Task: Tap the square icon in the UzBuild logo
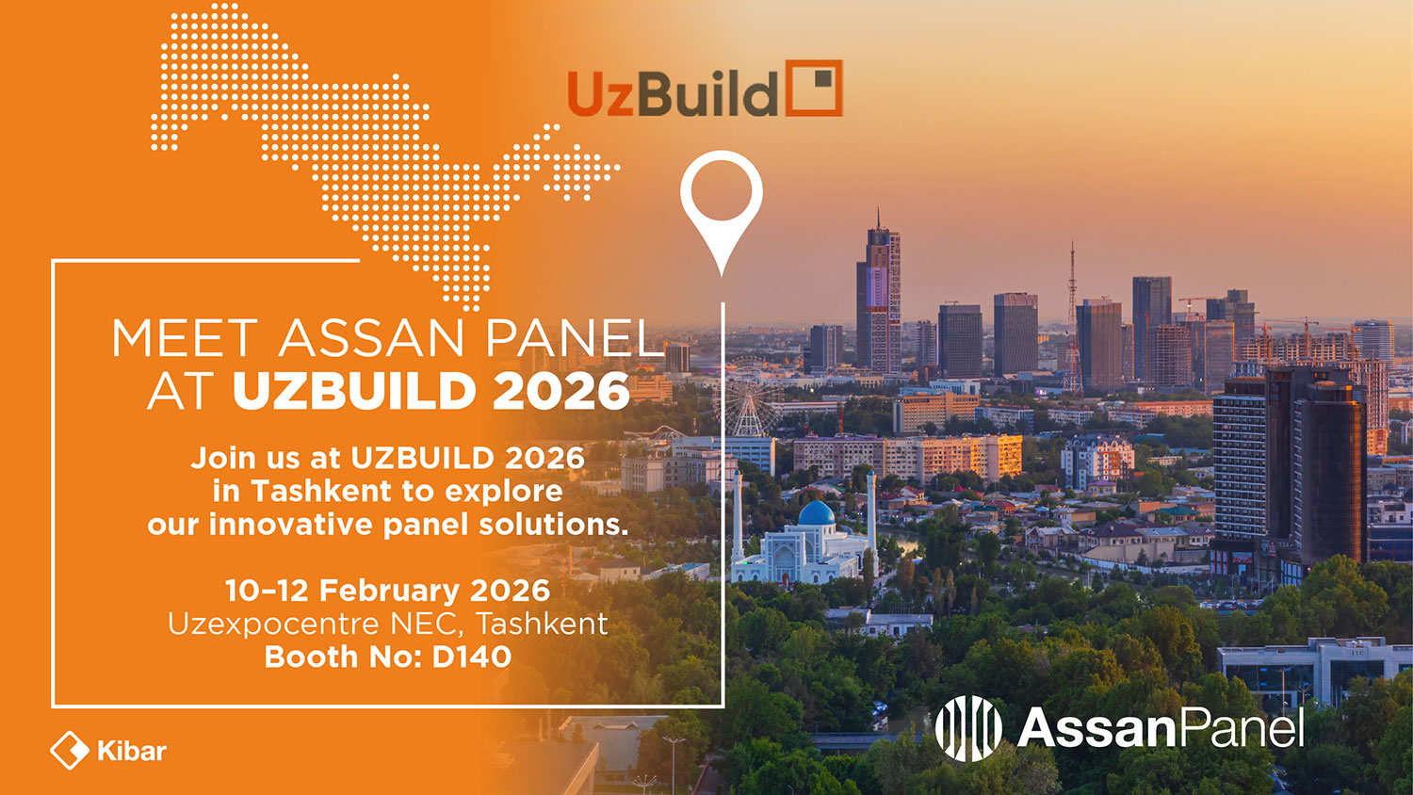[x=814, y=88]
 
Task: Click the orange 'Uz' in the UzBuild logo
[x=600, y=92]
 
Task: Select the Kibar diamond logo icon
[x=70, y=750]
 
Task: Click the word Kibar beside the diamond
[x=132, y=751]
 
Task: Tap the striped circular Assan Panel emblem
[x=968, y=728]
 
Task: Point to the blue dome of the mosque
[x=817, y=513]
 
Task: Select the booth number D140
[x=471, y=657]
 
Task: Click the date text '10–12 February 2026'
[x=388, y=591]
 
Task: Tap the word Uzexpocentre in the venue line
[x=273, y=624]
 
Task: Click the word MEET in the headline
[x=185, y=339]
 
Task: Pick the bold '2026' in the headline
[x=561, y=391]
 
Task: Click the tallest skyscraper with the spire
[x=878, y=297]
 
